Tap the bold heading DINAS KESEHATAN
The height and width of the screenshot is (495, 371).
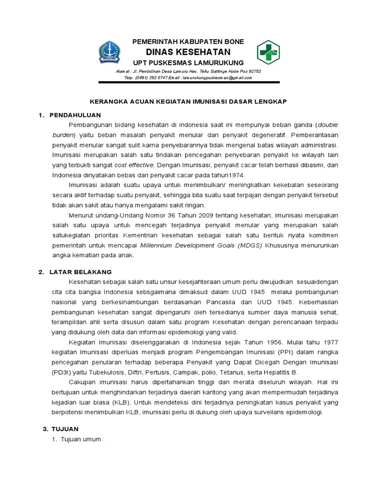pos(188,52)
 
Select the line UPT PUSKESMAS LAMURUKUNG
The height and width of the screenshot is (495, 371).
pos(188,63)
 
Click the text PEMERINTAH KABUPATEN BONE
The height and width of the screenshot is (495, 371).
pos(188,42)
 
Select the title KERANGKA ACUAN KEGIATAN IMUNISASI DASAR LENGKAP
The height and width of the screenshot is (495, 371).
pos(188,102)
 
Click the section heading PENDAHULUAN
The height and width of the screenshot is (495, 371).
pos(75,115)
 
